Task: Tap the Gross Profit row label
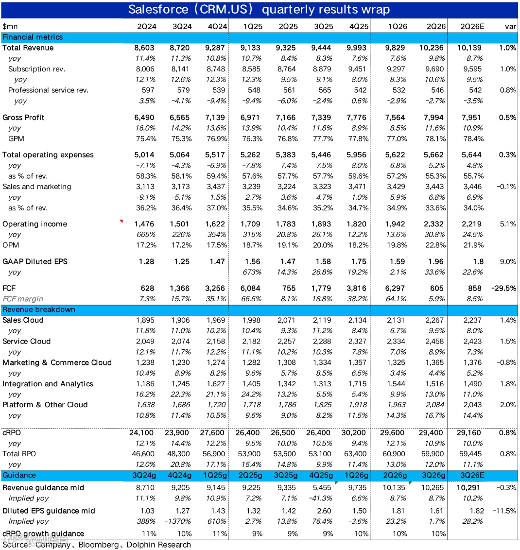pyautogui.click(x=23, y=118)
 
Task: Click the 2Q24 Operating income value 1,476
pyautogui.click(x=145, y=224)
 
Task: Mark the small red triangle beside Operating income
pyautogui.click(x=121, y=222)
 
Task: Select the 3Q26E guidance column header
pyautogui.click(x=471, y=475)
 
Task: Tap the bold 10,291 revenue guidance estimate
pyautogui.click(x=471, y=487)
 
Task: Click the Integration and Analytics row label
pyautogui.click(x=48, y=384)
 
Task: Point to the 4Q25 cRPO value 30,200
pyautogui.click(x=356, y=432)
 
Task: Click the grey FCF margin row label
pyautogui.click(x=23, y=299)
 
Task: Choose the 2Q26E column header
pyautogui.click(x=471, y=26)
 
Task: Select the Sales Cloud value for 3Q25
pyautogui.click(x=321, y=320)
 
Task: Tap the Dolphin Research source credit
pyautogui.click(x=158, y=545)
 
